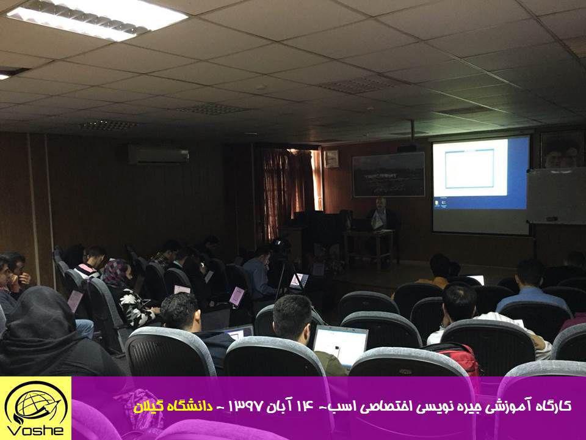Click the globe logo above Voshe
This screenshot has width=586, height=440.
36,404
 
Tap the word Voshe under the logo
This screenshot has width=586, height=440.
36,430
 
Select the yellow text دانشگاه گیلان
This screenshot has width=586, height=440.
173,407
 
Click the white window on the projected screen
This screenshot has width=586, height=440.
470,168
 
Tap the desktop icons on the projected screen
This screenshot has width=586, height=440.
440,203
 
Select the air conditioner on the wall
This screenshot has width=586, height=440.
159,154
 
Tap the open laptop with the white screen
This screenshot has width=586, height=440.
340,345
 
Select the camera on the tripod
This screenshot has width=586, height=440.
281,246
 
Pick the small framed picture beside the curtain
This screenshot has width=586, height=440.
331,159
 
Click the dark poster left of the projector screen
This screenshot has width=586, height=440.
389,174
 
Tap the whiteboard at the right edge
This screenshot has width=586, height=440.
557,196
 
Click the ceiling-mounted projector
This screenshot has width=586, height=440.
407,148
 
